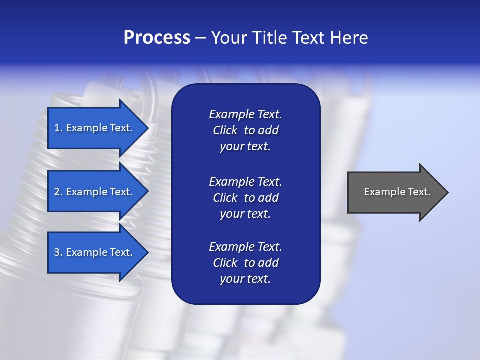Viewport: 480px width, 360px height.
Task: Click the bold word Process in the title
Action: pos(157,38)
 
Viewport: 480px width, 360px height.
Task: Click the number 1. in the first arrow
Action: pos(58,128)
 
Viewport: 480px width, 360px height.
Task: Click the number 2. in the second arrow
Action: pos(58,192)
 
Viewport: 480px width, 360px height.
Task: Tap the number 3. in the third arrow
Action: pos(58,252)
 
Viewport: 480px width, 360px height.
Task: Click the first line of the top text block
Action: pos(245,114)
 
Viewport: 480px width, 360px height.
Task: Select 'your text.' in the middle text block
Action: pos(245,214)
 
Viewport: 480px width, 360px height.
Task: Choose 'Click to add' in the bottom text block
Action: pos(245,263)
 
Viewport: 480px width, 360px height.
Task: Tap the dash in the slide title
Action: pos(200,38)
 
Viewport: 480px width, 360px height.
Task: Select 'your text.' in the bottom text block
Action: pos(245,279)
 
